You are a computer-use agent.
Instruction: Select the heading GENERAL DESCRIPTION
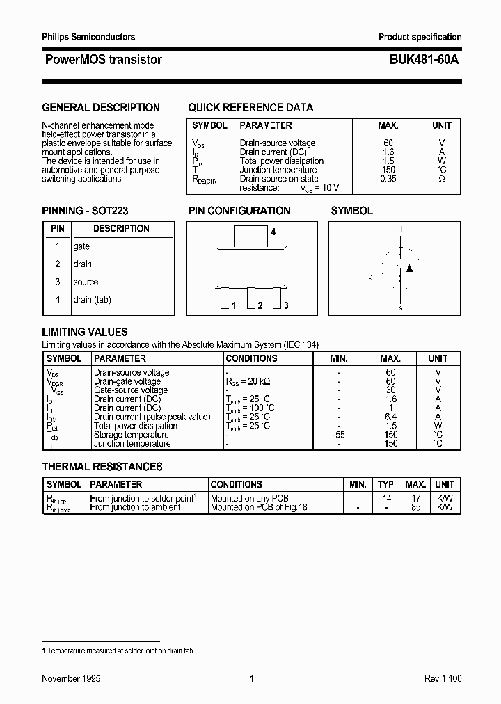tap(101, 108)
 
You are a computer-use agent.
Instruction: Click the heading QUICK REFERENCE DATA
tap(250, 108)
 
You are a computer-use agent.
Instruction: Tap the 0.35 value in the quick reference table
tap(388, 179)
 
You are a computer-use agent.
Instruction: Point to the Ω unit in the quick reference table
tap(441, 179)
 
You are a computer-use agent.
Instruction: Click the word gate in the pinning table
tap(81, 246)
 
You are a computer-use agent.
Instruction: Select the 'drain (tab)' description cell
tap(92, 299)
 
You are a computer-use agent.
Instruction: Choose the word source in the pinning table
tap(86, 282)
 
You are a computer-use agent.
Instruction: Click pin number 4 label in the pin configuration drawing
tap(273, 232)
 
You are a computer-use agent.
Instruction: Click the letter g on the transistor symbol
tap(370, 277)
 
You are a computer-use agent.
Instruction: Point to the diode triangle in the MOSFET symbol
tap(410, 268)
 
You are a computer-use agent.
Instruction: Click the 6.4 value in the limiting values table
tap(390, 417)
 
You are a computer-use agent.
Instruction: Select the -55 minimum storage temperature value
tap(339, 435)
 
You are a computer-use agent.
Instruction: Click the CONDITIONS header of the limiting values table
tap(251, 358)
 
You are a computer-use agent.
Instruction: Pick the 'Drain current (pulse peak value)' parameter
tap(152, 417)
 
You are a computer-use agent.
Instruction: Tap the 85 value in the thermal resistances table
tap(416, 507)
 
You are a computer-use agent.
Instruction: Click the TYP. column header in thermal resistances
tap(387, 484)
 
